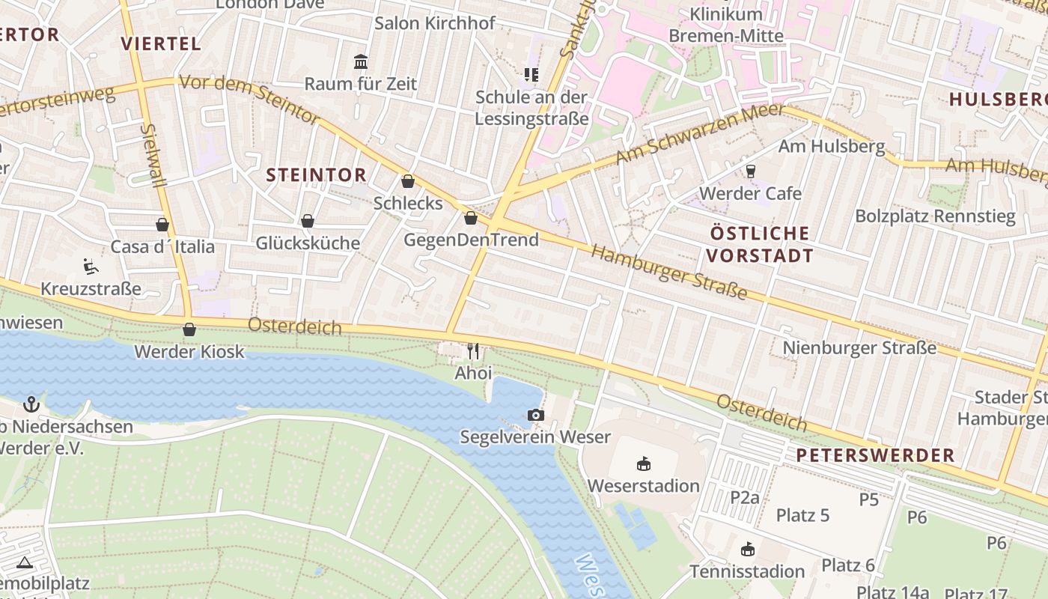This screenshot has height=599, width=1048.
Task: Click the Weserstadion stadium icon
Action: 643,464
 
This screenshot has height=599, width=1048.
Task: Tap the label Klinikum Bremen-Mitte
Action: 725,25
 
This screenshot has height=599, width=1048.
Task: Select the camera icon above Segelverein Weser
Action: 535,415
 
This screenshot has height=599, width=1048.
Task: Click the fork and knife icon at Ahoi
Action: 473,350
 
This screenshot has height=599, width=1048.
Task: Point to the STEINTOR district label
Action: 317,175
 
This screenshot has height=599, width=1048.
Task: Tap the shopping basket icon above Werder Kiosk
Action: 189,329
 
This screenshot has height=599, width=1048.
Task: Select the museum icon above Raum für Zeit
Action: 361,61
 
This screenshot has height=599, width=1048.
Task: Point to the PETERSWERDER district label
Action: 875,455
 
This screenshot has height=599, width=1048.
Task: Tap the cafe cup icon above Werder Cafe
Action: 750,171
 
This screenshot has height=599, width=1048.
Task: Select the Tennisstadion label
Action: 747,571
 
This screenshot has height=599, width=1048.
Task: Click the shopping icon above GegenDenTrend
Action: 471,218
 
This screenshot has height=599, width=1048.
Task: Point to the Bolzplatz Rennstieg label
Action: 935,217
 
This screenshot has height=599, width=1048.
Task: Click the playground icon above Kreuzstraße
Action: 90,266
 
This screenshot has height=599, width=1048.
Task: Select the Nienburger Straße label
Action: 859,348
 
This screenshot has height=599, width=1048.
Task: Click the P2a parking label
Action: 745,497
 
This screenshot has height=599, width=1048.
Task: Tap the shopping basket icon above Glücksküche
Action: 308,221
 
